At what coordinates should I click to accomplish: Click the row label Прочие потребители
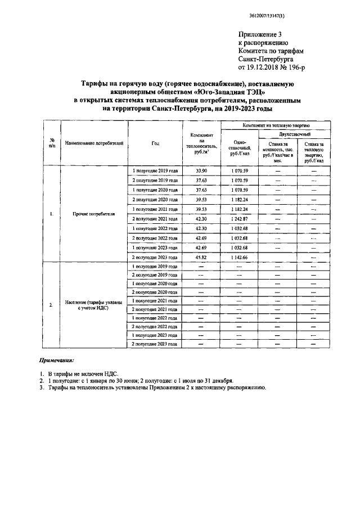tap(94, 214)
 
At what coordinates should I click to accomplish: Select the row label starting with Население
tap(94, 305)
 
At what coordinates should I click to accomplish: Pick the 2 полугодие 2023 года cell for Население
tap(155, 344)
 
